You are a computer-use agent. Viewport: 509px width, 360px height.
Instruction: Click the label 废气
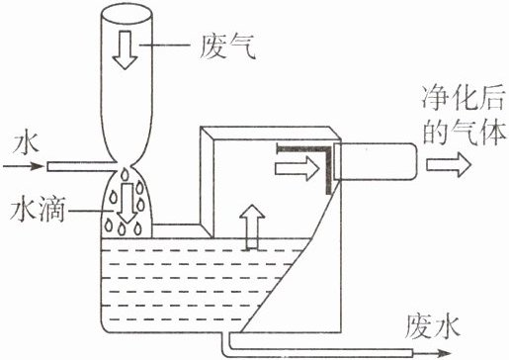[x=227, y=46]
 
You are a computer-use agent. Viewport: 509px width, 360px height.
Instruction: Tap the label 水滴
[x=37, y=210]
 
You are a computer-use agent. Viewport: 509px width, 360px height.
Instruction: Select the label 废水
[x=432, y=326]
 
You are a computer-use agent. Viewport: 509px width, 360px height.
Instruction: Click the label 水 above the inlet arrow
[x=26, y=142]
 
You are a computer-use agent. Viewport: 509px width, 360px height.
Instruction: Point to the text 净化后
[x=463, y=98]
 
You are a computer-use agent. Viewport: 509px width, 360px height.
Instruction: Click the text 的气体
[x=464, y=132]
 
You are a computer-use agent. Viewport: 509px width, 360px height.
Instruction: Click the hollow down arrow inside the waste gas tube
[x=125, y=50]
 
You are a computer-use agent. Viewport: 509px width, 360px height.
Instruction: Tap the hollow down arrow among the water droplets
[x=127, y=203]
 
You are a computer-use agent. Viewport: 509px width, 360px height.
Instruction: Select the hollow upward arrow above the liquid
[x=252, y=226]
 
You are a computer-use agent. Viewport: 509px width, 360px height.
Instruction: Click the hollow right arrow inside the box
[x=297, y=168]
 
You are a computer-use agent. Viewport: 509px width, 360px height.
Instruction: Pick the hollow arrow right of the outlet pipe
[x=449, y=164]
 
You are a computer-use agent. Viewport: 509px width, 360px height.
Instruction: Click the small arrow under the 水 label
[x=23, y=166]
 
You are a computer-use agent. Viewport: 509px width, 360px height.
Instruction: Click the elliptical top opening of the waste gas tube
[x=126, y=14]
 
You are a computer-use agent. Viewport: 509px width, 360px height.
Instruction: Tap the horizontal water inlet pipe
[x=81, y=166]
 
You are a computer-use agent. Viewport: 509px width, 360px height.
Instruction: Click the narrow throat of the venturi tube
[x=126, y=165]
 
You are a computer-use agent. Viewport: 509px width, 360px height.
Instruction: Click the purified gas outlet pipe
[x=376, y=161]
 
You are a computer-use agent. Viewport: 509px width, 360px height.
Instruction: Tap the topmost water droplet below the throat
[x=125, y=174]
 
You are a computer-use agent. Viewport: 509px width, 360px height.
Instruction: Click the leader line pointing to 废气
[x=165, y=45]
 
